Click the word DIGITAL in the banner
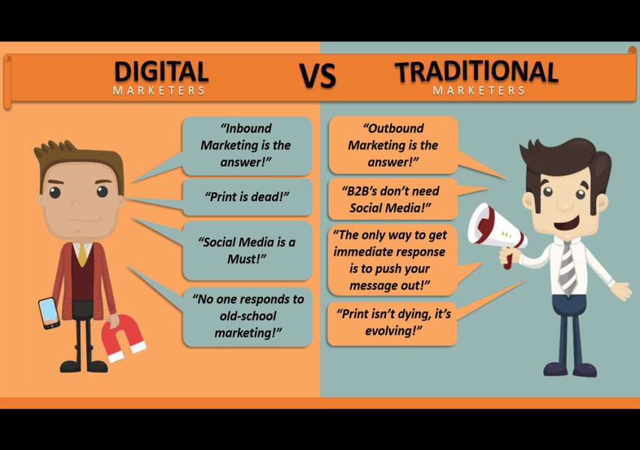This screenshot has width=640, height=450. [161, 71]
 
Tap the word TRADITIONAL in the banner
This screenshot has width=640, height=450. [476, 72]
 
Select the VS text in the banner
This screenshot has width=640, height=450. [317, 76]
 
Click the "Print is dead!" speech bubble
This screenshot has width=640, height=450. [247, 197]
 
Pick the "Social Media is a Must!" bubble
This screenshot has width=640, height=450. [247, 250]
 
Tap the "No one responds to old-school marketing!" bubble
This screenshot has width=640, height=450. [247, 316]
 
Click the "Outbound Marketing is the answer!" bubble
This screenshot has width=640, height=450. [392, 145]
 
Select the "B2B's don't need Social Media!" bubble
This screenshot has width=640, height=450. [393, 199]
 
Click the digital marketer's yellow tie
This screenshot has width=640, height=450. [82, 254]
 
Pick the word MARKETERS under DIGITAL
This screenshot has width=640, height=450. [159, 91]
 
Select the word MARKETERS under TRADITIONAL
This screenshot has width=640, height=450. [478, 91]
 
